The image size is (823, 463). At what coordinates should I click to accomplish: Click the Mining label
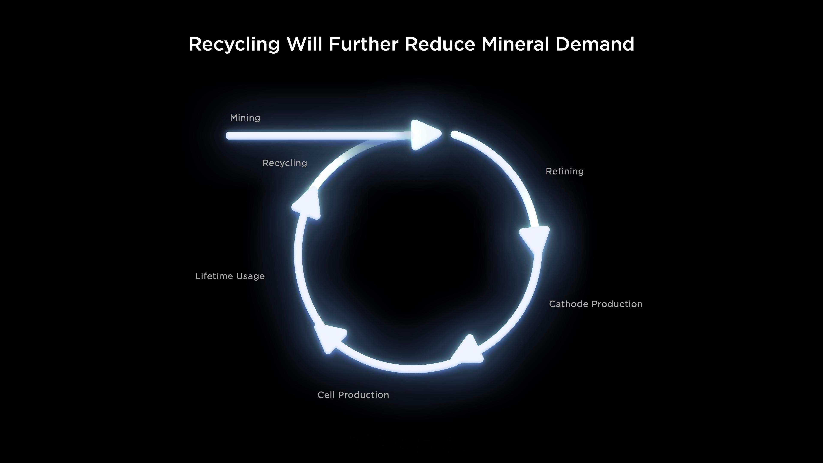coord(245,118)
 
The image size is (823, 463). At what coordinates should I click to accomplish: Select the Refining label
coord(565,171)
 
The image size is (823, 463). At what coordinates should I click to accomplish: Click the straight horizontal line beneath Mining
coord(320,136)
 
